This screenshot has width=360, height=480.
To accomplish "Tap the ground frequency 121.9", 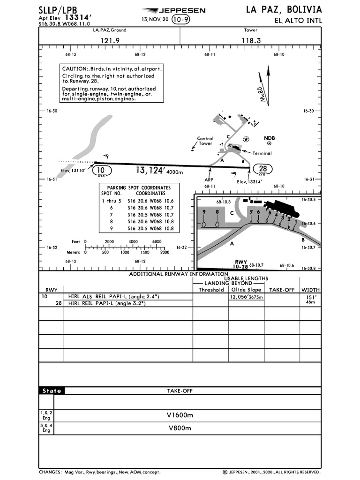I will (110, 41).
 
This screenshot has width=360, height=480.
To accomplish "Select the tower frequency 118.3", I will (251, 41).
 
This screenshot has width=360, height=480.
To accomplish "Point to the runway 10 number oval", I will (102, 170).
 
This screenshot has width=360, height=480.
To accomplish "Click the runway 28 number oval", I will (262, 169).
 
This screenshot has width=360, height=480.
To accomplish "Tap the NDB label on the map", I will (269, 138).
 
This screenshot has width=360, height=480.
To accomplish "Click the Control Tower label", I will (205, 141).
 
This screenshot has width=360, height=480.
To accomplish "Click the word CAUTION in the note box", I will (75, 69).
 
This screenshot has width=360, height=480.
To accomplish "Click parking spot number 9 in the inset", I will (204, 212).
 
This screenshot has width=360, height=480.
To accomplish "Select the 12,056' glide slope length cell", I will (246, 297).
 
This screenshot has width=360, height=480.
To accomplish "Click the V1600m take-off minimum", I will (180, 415).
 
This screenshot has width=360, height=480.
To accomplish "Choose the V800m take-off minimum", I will (180, 428).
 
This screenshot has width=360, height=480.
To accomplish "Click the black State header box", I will (52, 391).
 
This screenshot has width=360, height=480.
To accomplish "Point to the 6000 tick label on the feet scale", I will (157, 241).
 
